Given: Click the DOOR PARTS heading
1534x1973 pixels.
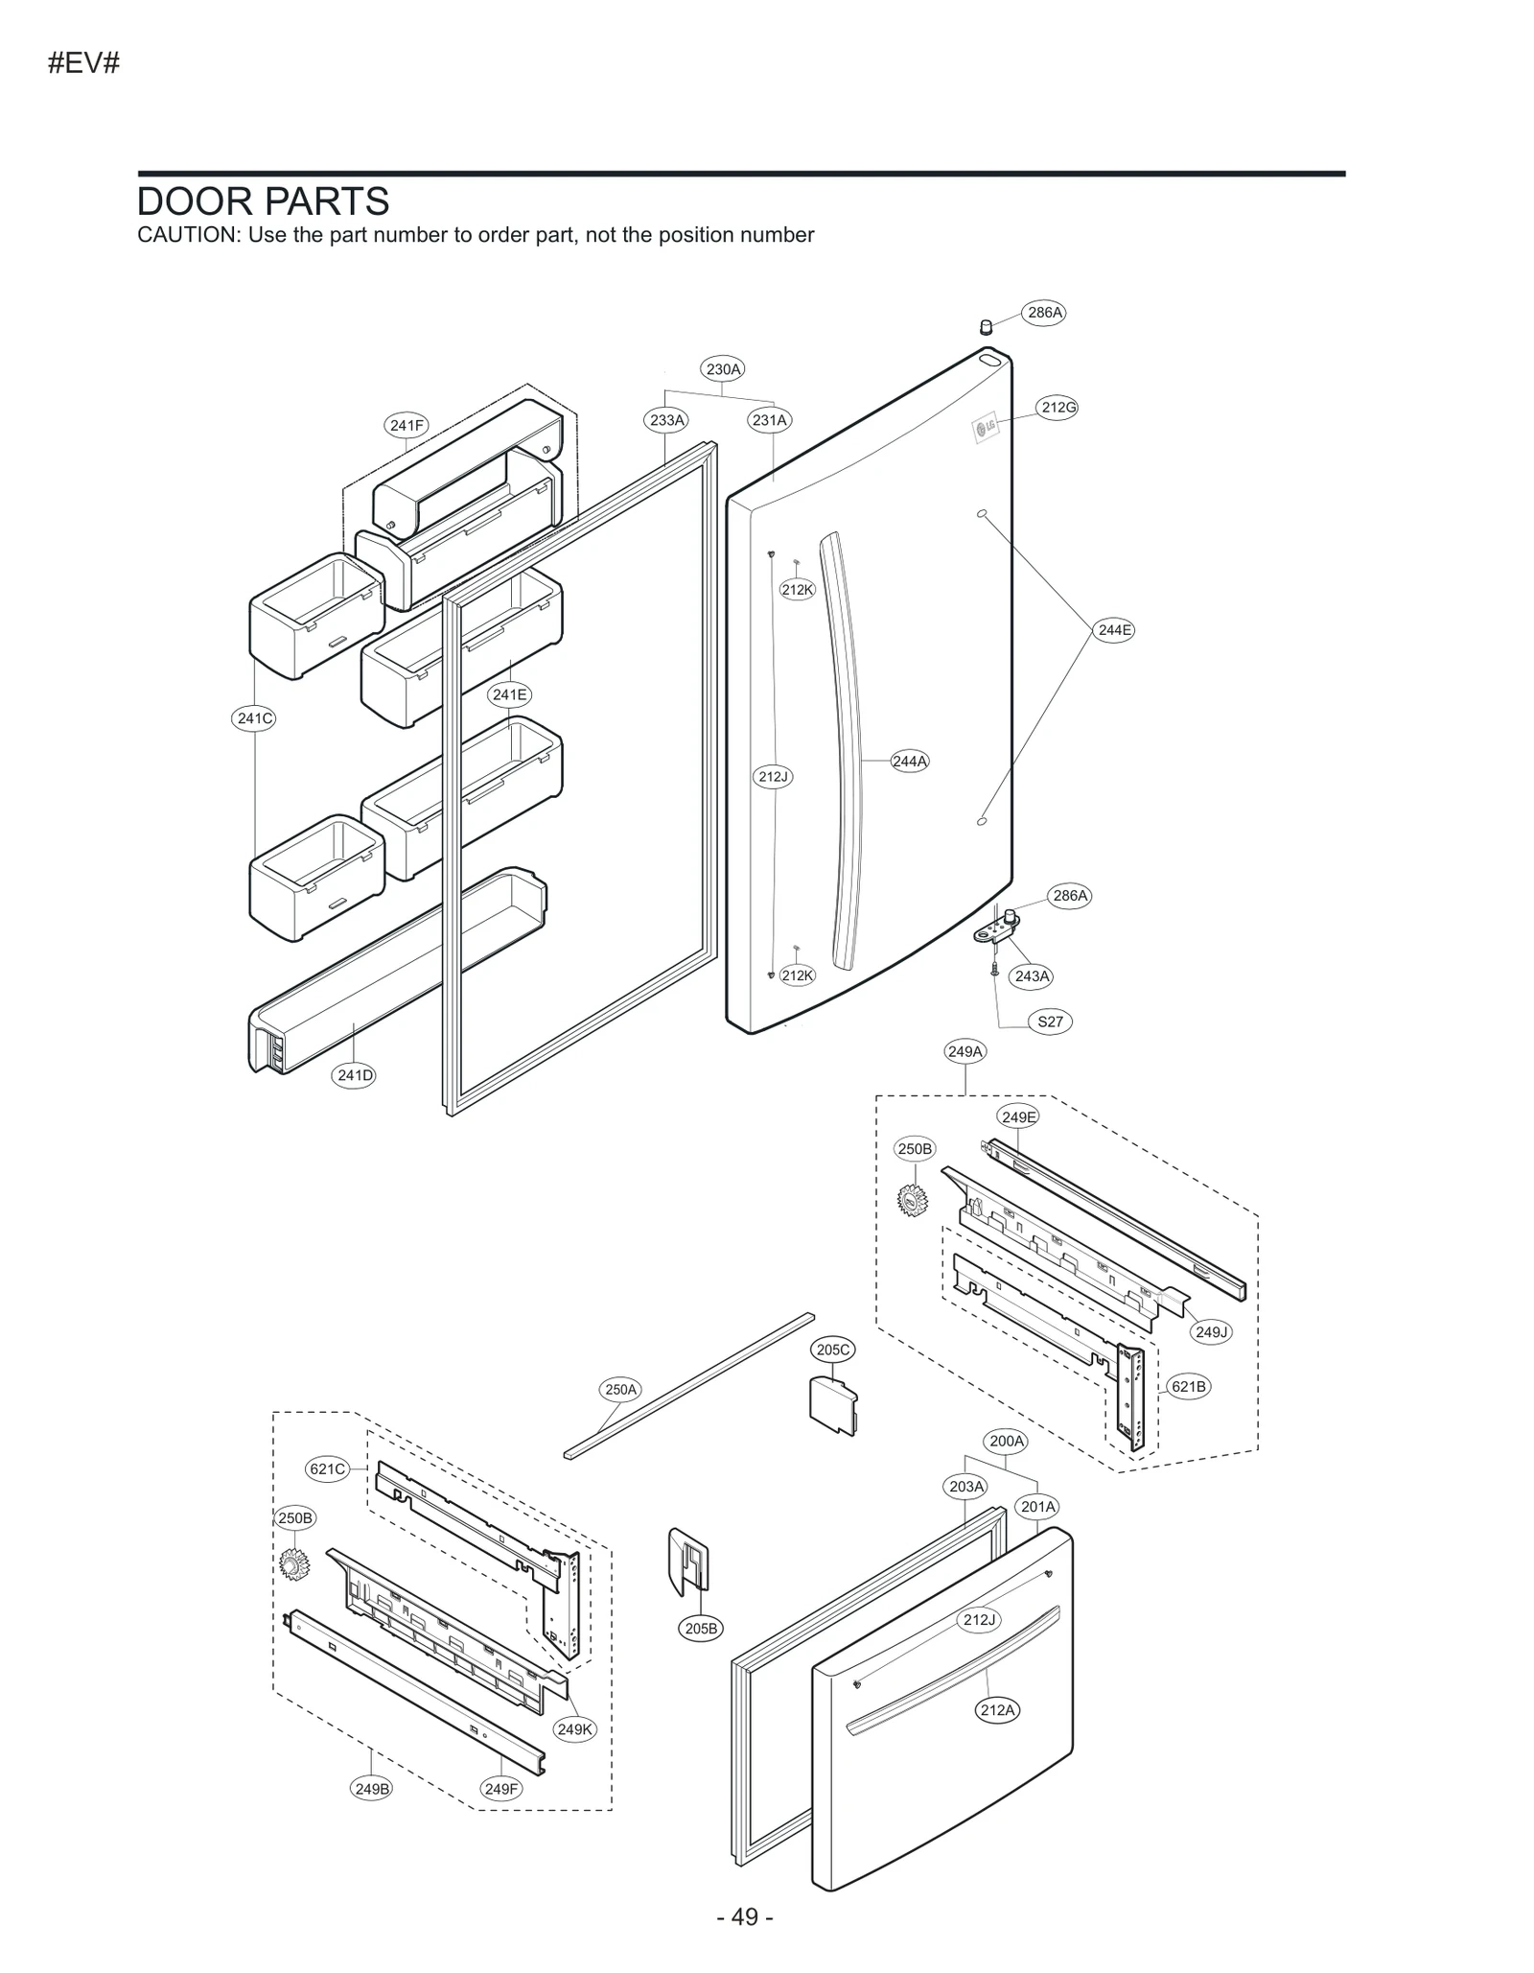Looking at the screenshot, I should click(263, 201).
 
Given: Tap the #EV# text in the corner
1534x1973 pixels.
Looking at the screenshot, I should click(83, 63).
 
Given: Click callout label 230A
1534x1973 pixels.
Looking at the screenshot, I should click(723, 369).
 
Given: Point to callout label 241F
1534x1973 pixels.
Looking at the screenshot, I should click(407, 425).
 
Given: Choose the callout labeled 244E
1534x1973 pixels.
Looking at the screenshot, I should click(1114, 630).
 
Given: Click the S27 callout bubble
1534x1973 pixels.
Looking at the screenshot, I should click(1050, 1022).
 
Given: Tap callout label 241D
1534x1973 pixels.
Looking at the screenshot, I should click(355, 1075).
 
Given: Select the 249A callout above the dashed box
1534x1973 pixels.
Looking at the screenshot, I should click(965, 1051).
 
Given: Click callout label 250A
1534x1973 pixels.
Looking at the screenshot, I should click(620, 1389).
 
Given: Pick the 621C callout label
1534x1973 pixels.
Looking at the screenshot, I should click(328, 1468).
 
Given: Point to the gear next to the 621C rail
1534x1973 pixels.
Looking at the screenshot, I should click(291, 1563).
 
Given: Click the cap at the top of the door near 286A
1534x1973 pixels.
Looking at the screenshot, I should click(985, 327).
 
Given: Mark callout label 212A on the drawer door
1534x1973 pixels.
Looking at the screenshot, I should click(997, 1709).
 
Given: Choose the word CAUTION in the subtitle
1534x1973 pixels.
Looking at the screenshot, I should click(186, 235).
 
